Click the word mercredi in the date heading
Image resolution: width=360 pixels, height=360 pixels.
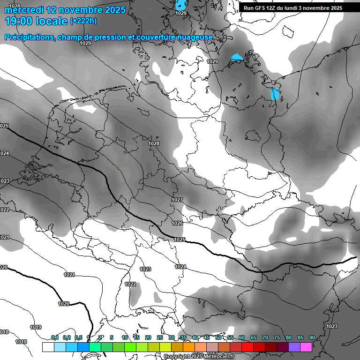click(x=23, y=9)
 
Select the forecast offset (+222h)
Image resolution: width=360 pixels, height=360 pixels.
click(x=83, y=21)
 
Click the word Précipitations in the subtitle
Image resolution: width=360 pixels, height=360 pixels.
click(x=29, y=37)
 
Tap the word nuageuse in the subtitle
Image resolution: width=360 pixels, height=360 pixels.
click(x=196, y=37)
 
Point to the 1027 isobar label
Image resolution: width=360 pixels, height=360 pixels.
click(x=177, y=200)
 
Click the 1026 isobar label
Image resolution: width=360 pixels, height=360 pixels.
click(x=177, y=223)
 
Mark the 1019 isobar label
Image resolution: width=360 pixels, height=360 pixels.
click(x=35, y=327)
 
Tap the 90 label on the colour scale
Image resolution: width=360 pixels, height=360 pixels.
click(x=312, y=338)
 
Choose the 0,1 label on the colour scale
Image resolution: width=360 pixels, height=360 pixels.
click(x=55, y=338)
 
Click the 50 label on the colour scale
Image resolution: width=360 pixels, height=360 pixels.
click(x=218, y=338)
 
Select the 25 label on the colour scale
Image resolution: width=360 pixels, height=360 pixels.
click(x=159, y=338)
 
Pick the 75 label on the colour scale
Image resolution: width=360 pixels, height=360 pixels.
click(x=277, y=338)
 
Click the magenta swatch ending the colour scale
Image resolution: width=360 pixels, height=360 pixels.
click(x=306, y=347)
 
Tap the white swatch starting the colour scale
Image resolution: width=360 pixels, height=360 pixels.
click(x=48, y=347)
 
